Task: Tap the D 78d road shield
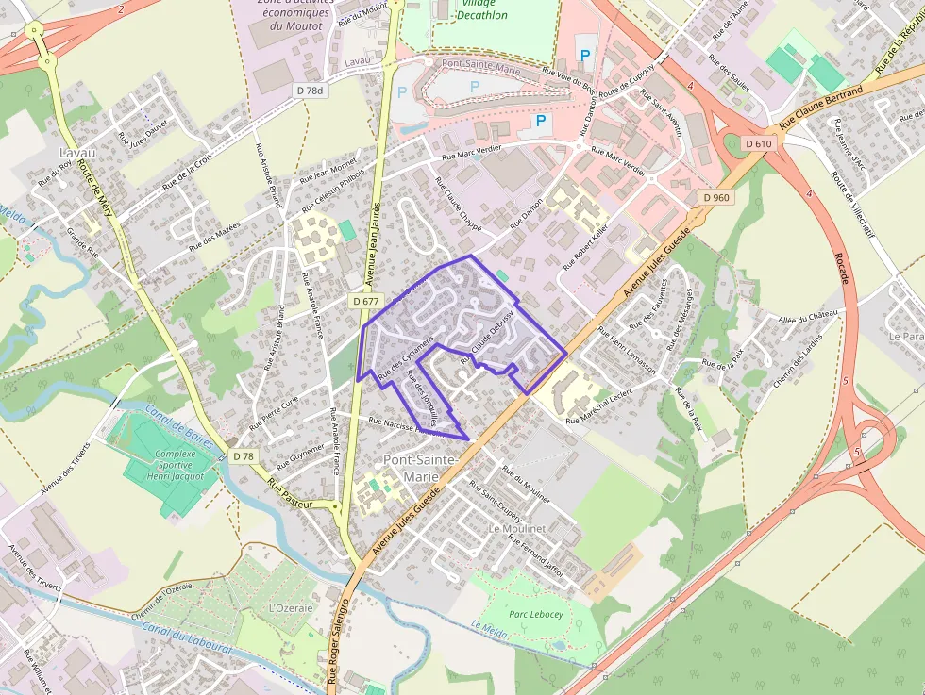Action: click(x=309, y=91)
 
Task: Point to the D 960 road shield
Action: click(x=716, y=197)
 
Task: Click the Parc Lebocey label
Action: click(x=536, y=614)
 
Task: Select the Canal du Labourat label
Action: click(x=181, y=645)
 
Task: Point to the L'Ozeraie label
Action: click(x=291, y=608)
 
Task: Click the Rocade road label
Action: click(x=843, y=269)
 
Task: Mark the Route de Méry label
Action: click(x=95, y=188)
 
